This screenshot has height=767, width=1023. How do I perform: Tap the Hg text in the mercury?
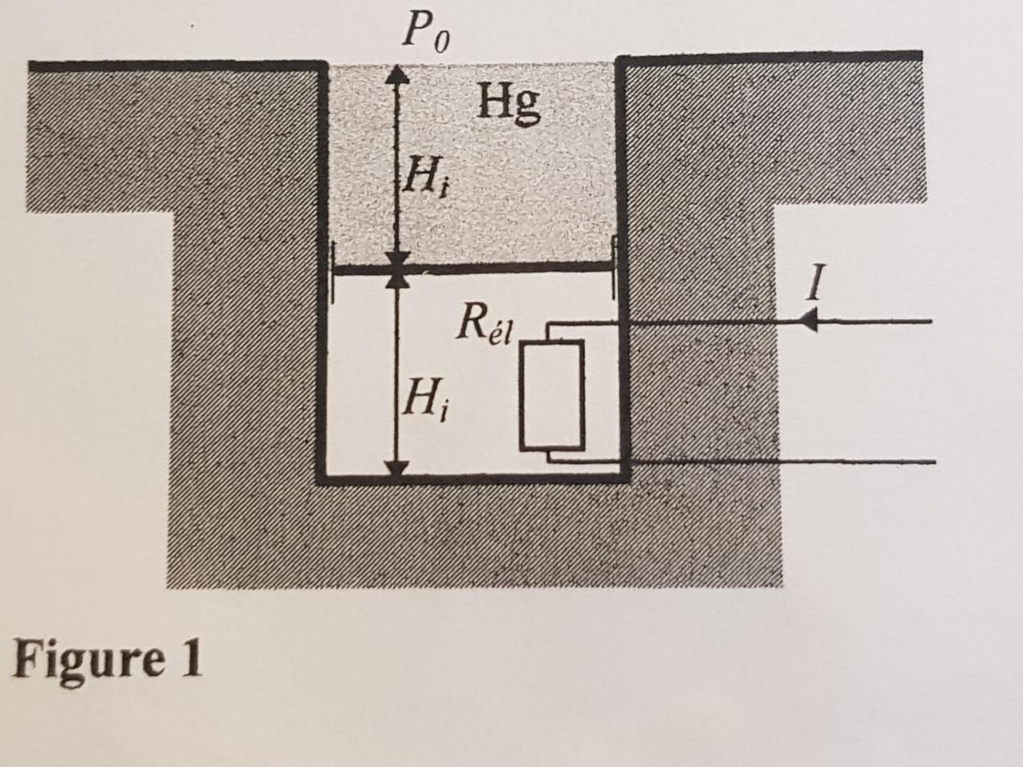pyautogui.click(x=509, y=103)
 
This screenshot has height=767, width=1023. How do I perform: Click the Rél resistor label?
pyautogui.click(x=487, y=324)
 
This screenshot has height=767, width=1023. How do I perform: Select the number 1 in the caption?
pyautogui.click(x=190, y=659)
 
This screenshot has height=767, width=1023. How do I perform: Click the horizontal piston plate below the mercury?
pyautogui.click(x=472, y=270)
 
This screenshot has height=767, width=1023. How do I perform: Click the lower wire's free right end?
pyautogui.click(x=933, y=461)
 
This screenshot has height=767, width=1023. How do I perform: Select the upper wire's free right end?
pyautogui.click(x=931, y=322)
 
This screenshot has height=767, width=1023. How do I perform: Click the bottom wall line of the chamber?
pyautogui.click(x=472, y=479)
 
